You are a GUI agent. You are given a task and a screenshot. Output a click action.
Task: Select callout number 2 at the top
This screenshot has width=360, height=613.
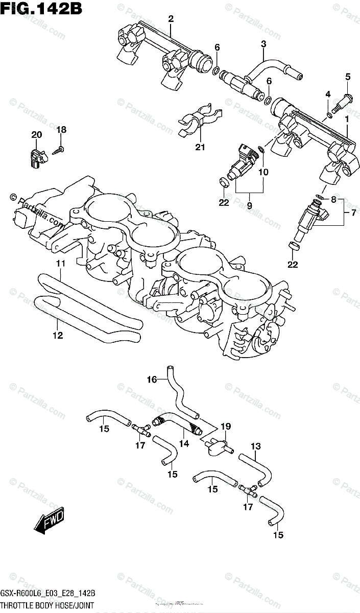click(171, 19)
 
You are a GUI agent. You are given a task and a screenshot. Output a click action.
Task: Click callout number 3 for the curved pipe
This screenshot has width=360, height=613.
click(263, 44)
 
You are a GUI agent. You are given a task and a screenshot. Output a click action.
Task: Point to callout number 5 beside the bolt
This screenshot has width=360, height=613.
click(348, 77)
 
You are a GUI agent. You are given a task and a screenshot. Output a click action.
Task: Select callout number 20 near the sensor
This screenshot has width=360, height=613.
click(36, 135)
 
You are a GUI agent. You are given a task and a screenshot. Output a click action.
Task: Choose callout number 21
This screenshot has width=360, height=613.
click(199, 148)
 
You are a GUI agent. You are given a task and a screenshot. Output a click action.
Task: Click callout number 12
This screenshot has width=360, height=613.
click(57, 335)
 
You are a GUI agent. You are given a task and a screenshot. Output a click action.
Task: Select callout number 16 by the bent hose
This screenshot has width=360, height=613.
click(152, 379)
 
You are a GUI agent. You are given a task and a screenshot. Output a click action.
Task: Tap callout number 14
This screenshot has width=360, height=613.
click(184, 443)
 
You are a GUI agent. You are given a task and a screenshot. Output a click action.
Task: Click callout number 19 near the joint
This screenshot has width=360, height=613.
click(226, 426)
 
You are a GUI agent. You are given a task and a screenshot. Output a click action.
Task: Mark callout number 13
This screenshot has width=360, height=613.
click(256, 446)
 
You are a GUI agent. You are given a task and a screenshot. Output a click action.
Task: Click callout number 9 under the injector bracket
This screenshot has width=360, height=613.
click(250, 205)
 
